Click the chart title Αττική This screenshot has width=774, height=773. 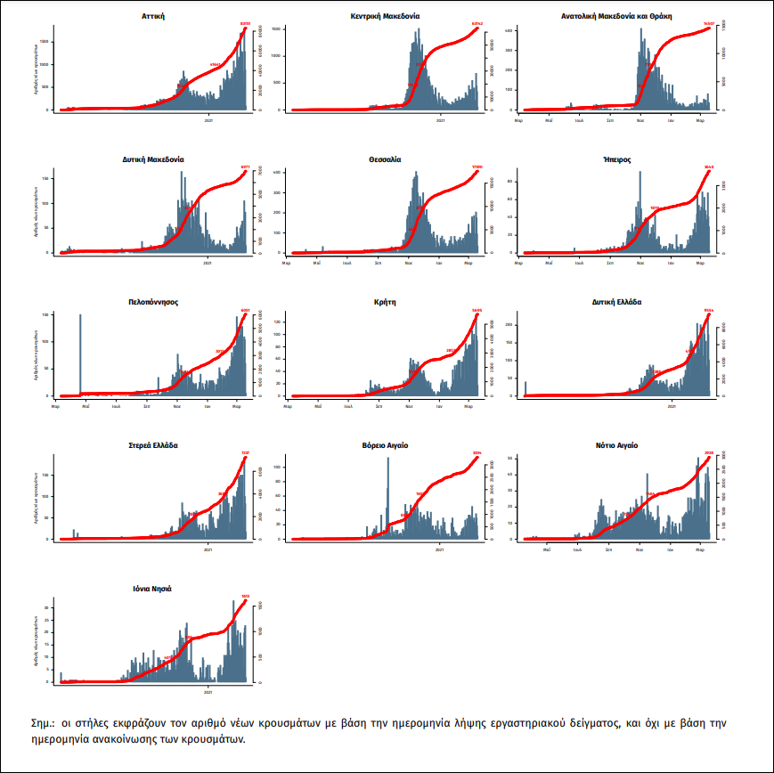154,17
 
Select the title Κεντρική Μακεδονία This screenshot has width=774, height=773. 386,17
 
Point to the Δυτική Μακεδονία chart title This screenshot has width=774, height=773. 154,159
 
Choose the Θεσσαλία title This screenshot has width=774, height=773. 386,159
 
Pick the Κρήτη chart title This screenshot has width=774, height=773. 386,302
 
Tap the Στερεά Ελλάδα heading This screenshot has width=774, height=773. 154,444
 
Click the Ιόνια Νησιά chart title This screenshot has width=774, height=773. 154,588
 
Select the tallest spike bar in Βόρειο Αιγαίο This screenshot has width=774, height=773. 387,499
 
